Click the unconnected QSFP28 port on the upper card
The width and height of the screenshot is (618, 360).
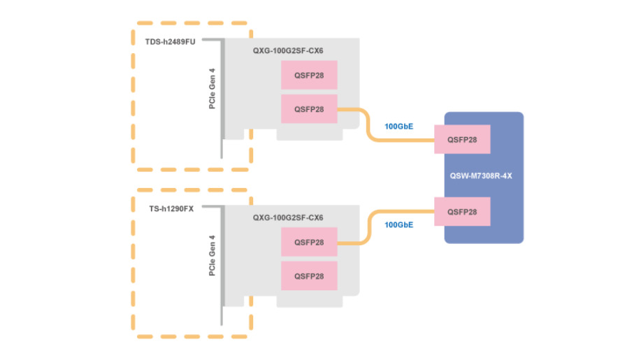click(309, 75)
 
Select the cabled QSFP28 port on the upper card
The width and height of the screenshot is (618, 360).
click(309, 109)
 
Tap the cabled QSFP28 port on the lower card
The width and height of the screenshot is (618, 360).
click(309, 242)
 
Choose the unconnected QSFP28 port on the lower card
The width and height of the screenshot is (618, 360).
click(309, 275)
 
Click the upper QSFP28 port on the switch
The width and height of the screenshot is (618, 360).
click(462, 140)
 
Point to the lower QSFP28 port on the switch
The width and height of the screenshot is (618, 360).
click(462, 211)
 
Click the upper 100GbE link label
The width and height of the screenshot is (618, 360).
click(398, 127)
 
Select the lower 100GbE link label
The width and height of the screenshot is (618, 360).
click(398, 224)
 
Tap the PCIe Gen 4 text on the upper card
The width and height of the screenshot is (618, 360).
click(213, 89)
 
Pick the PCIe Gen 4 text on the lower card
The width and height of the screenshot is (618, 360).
click(213, 255)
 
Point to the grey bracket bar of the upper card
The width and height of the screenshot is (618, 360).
click(222, 98)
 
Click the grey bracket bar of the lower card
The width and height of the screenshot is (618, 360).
click(222, 266)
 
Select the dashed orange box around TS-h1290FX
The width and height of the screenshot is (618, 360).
click(134, 266)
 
